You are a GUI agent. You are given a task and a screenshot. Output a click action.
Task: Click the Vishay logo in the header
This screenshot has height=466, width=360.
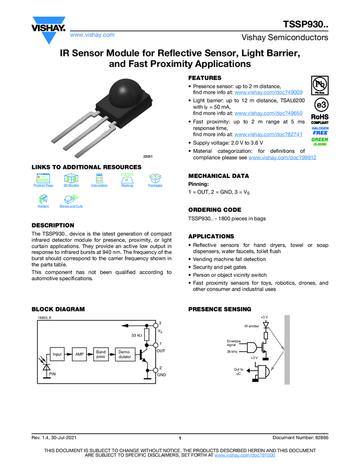click(x=48, y=26)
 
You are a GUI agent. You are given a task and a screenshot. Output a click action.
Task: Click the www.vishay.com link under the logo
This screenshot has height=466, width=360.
click(x=92, y=35)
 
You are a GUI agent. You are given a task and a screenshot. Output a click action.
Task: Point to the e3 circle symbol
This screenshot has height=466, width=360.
click(x=320, y=105)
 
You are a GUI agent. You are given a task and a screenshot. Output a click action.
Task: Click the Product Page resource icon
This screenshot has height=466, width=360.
click(x=43, y=179)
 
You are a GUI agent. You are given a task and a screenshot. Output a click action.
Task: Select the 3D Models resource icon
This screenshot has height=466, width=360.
click(x=71, y=179)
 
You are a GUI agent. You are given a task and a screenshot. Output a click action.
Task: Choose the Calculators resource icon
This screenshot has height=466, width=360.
click(x=99, y=179)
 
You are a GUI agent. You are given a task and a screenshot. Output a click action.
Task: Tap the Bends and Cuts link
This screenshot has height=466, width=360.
click(x=71, y=206)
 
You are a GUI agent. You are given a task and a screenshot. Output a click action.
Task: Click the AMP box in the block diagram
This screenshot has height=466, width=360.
click(x=80, y=354)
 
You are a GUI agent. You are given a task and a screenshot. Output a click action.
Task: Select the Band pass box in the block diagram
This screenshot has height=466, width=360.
click(x=101, y=354)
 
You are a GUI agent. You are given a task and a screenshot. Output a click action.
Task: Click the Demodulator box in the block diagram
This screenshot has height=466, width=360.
click(x=124, y=354)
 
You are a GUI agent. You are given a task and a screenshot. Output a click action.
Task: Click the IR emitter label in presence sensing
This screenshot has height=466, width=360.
click(x=252, y=326)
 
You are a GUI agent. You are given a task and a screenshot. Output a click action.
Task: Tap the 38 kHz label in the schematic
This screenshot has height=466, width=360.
click(x=232, y=352)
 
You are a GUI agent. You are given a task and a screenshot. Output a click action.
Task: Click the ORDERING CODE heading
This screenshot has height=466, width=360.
click(x=214, y=210)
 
